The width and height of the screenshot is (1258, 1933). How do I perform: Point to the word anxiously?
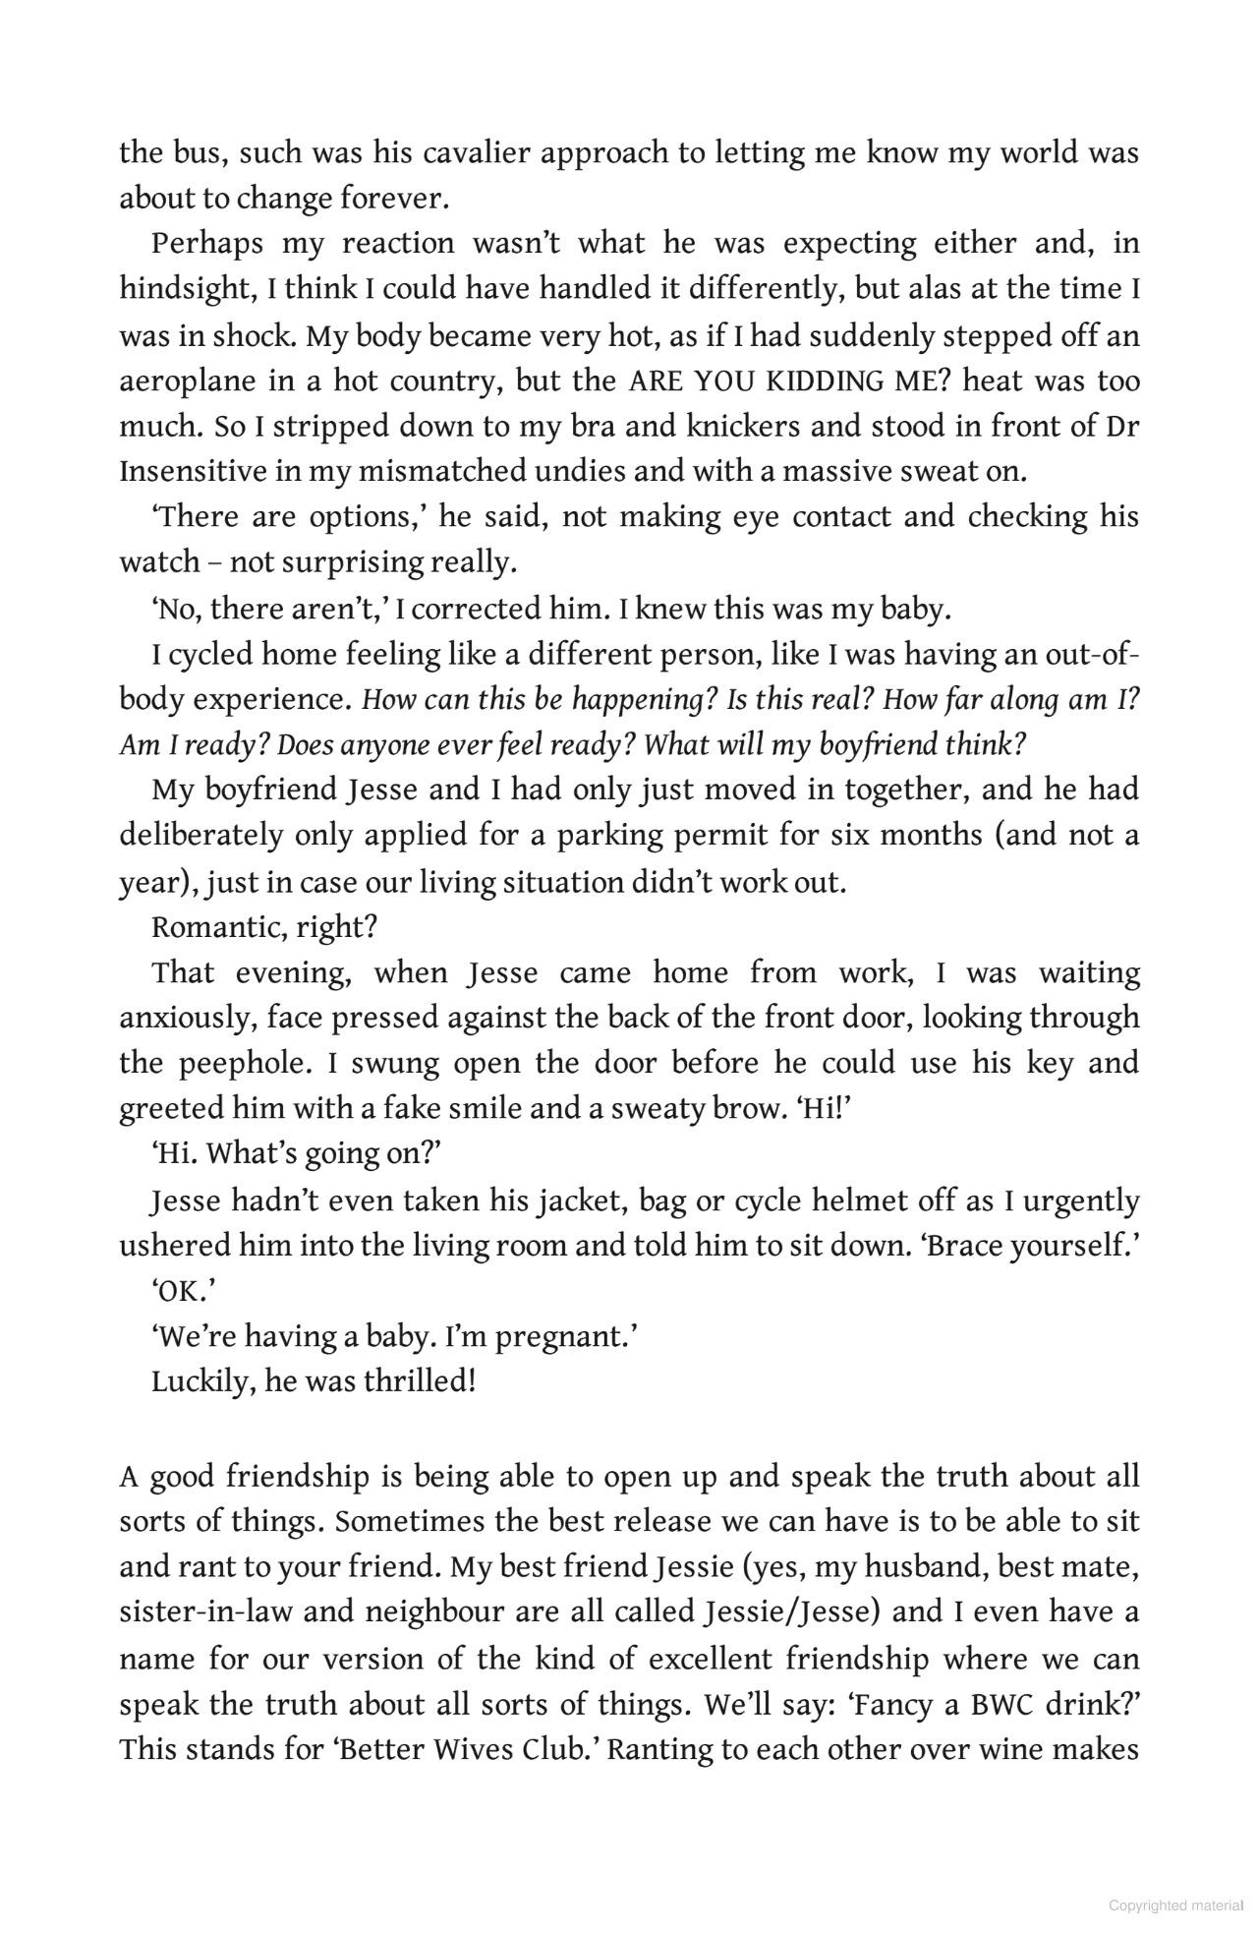(188, 1019)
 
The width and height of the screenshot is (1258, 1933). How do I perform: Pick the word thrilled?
(420, 1382)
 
